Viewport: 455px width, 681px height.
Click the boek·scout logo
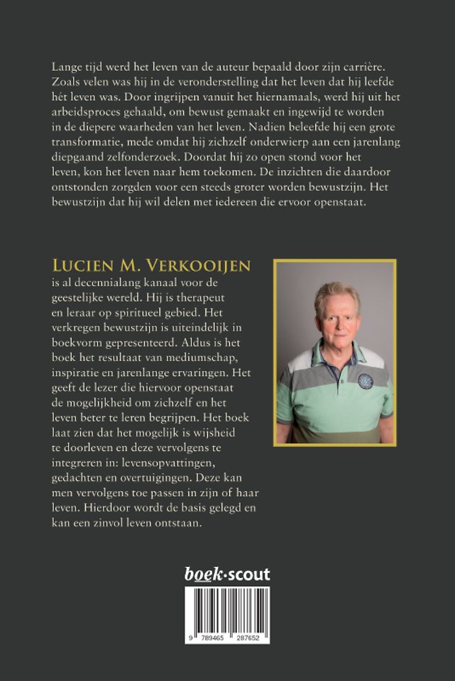tap(227, 574)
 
